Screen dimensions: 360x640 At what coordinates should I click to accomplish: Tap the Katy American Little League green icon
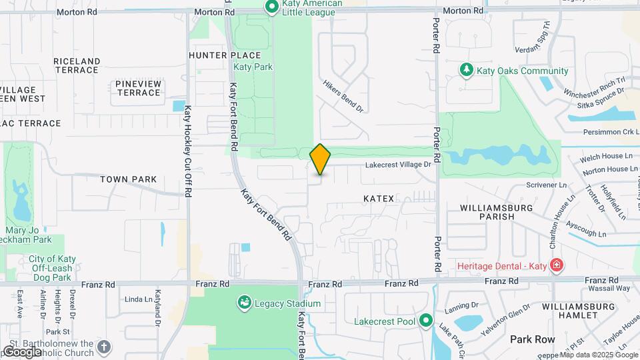[x=272, y=7]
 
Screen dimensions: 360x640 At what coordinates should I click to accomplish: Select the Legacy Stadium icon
[x=245, y=303]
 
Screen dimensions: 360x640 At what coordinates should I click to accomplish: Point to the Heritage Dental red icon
[x=557, y=266]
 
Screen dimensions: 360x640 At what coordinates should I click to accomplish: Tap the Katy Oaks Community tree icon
[x=467, y=71]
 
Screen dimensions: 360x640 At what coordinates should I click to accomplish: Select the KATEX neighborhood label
[x=379, y=199]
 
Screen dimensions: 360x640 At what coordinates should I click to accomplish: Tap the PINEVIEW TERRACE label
[x=138, y=88]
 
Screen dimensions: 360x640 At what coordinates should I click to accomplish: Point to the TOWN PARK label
[x=128, y=179]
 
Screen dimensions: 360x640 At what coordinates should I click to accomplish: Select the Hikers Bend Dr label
[x=343, y=97]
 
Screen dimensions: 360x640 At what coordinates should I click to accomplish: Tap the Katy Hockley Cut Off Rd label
[x=189, y=151]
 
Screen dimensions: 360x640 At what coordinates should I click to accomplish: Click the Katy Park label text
[x=253, y=67]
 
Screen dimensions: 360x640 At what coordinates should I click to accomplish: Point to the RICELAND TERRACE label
[x=77, y=65]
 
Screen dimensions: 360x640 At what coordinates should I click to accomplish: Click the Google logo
[x=22, y=351]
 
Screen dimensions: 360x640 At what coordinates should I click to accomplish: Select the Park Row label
[x=533, y=339]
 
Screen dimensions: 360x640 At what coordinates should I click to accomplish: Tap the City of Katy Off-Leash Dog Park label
[x=49, y=268]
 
